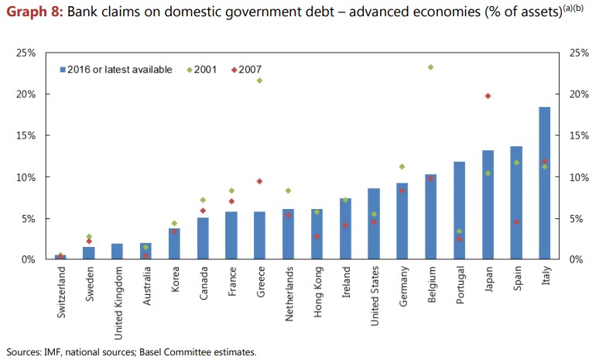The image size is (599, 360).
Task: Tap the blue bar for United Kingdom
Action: coord(118,252)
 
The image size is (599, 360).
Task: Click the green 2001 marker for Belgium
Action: coord(430,67)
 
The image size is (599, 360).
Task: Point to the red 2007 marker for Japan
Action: coord(488,96)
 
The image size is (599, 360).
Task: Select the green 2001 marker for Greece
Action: coord(259,81)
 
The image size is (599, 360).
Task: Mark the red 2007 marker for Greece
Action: coord(259,181)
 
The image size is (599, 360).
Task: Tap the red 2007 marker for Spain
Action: coord(516,222)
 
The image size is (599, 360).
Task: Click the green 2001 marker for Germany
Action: coord(402,166)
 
